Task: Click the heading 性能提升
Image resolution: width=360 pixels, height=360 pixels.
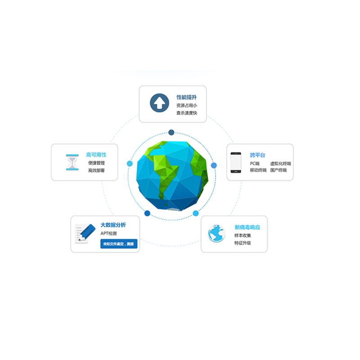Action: click(x=186, y=97)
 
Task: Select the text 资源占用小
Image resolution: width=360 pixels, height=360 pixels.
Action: click(x=186, y=105)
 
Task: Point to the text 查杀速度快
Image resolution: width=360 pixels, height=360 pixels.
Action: click(x=186, y=113)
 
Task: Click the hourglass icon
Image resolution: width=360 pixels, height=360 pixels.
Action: click(x=72, y=162)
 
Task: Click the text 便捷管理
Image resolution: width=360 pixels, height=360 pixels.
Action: click(x=96, y=163)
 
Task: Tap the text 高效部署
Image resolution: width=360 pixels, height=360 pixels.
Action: click(x=96, y=171)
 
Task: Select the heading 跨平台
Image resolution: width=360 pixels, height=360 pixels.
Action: click(x=258, y=155)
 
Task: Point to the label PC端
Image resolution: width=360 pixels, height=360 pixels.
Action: click(x=255, y=163)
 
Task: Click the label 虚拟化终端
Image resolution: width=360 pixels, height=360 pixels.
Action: click(x=280, y=163)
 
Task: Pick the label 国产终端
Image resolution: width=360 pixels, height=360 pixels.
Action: click(x=278, y=171)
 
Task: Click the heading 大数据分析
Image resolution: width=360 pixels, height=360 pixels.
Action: click(x=113, y=225)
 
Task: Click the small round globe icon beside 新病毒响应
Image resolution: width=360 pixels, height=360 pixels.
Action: click(x=216, y=233)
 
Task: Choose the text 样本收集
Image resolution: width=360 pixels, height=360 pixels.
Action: click(x=243, y=235)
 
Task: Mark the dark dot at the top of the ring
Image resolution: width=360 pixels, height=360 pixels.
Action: click(x=171, y=132)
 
